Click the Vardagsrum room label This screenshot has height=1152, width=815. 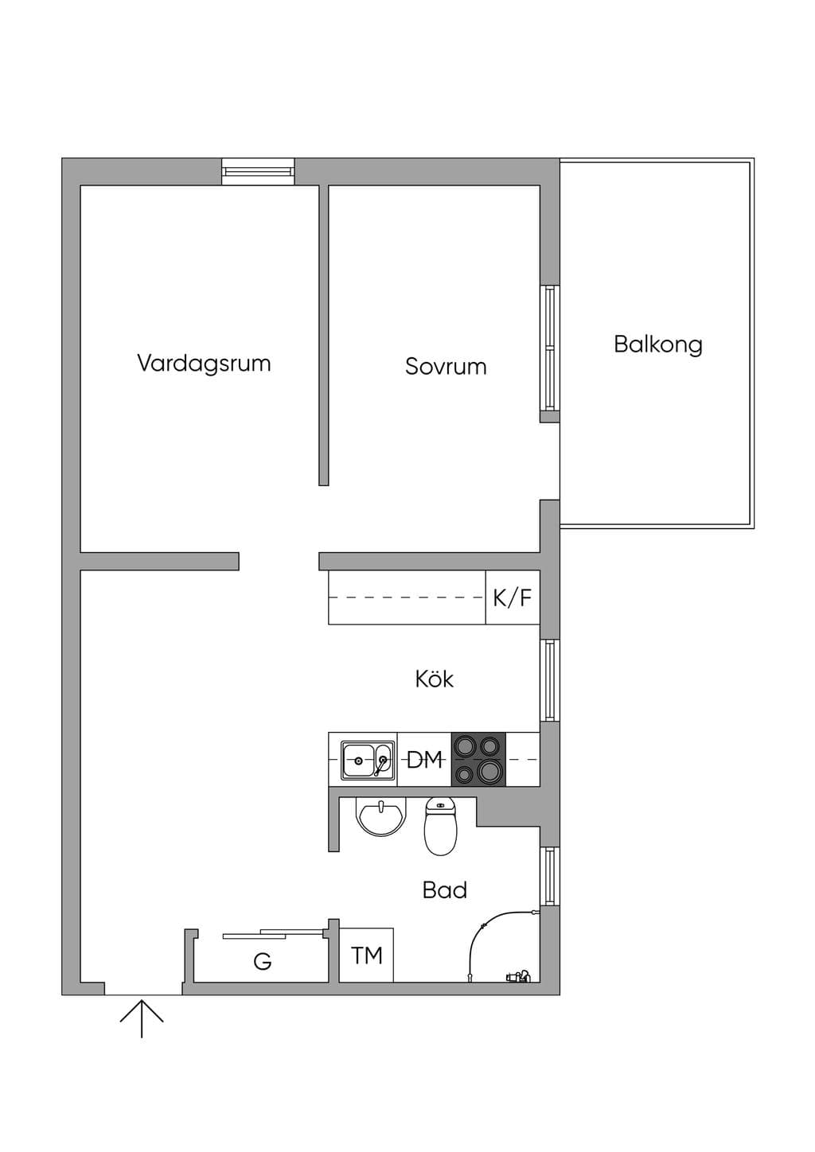point(204,364)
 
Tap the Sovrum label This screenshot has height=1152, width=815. point(446,366)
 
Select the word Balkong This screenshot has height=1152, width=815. point(658,344)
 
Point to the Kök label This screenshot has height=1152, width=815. point(435,679)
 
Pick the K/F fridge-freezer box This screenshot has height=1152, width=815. point(513,597)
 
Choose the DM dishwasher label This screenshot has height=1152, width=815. point(424,760)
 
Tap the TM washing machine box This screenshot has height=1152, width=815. point(366,955)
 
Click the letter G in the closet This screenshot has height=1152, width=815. point(263,961)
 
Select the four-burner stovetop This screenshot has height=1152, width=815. point(478,760)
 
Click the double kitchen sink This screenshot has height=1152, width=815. point(368,760)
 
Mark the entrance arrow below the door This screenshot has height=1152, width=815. point(142,1018)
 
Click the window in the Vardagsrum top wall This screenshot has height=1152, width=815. point(258,171)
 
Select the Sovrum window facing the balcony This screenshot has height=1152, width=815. point(549,348)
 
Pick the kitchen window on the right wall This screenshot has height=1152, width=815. point(549,680)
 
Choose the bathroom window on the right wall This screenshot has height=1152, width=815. point(549,876)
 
